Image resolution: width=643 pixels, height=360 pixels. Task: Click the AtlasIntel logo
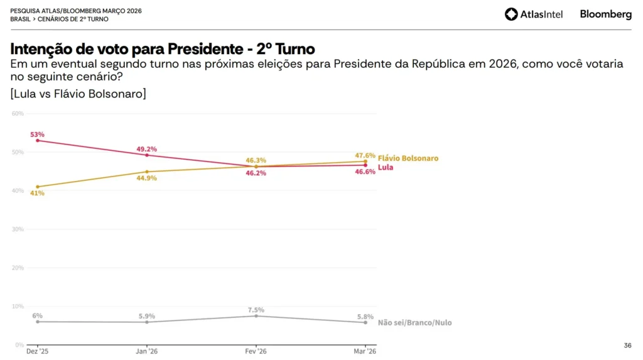534,14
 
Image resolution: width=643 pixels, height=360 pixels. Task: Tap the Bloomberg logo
605,14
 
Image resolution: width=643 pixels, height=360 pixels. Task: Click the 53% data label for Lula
37,134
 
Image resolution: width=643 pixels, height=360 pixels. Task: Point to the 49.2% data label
146,150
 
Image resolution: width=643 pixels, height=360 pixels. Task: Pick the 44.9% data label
146,178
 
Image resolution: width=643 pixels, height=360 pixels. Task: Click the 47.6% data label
365,155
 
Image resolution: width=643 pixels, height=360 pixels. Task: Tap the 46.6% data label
365,172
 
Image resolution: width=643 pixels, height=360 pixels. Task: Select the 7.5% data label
256,310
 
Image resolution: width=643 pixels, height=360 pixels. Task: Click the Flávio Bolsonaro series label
408,158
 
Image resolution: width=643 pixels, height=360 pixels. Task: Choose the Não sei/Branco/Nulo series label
414,323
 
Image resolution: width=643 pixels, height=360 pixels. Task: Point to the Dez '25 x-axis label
37,351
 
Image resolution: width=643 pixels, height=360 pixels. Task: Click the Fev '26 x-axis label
256,351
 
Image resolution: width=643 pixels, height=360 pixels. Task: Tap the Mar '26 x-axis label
365,351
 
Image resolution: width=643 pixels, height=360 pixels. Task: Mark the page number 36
627,345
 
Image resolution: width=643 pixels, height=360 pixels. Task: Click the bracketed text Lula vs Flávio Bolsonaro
78,94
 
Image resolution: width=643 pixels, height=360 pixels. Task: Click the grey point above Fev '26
256,316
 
